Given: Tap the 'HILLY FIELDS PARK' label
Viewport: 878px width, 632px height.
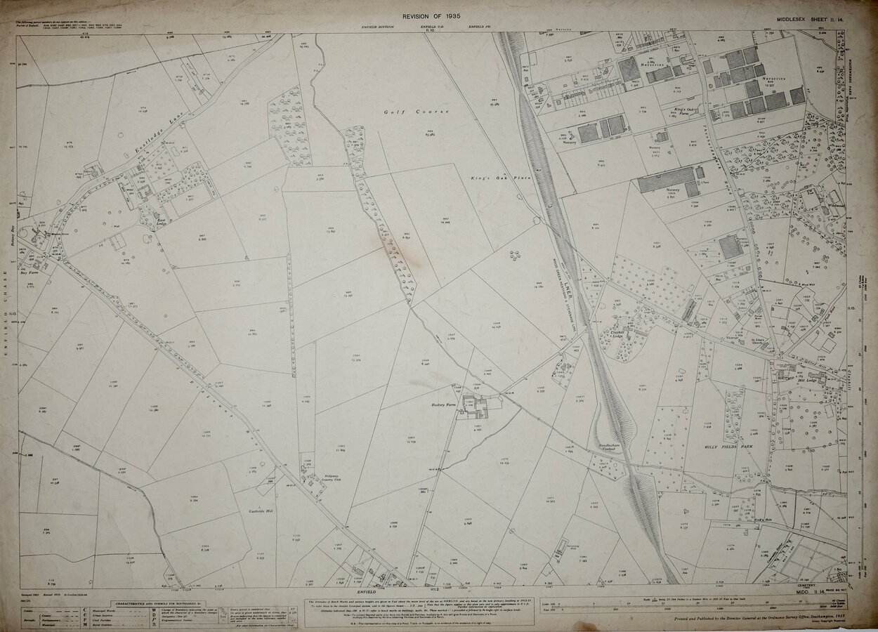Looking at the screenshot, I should [x=730, y=446].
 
